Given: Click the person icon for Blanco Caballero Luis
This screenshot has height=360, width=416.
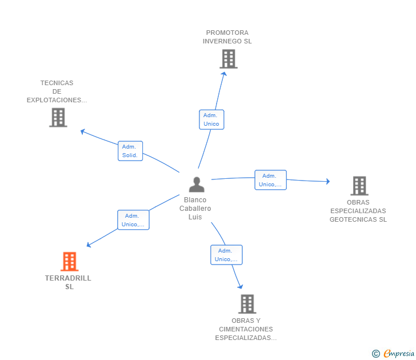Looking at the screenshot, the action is coord(197,185).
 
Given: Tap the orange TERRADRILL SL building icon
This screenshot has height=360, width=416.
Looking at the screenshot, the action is coord(70,261).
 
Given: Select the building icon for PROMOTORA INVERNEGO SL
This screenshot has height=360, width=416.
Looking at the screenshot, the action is coord(229,59).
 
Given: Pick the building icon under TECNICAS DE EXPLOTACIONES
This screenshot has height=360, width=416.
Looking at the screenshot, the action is coord(58,118).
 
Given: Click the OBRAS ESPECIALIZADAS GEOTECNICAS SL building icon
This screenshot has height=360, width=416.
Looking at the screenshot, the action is coord(359,186).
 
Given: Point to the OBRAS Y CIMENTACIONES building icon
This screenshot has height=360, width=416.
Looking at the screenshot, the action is coord(247,304).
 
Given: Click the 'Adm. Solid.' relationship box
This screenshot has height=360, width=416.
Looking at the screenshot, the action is coord(130,151).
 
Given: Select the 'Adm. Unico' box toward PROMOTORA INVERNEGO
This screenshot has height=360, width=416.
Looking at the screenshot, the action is coord(211,119).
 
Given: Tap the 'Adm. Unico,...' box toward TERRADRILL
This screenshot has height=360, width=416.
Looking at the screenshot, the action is coord(133,220).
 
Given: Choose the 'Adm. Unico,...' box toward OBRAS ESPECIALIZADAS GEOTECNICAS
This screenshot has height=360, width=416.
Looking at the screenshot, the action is coord(270,180).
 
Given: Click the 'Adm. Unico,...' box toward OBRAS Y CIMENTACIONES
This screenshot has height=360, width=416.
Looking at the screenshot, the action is coord(226,255).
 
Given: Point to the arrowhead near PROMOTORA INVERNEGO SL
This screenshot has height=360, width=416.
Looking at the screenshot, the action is coord(225,74).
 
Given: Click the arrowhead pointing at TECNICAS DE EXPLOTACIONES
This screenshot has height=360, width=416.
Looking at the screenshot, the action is coord(83,131).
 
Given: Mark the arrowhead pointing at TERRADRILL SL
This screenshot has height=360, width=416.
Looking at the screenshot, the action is coord(89,245).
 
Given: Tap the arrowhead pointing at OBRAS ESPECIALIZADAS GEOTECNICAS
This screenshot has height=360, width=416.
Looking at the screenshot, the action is coord(328,182).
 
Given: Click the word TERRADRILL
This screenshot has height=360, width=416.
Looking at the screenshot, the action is coord(68,278).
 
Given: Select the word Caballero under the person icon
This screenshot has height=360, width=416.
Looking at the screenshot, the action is coord(195,209).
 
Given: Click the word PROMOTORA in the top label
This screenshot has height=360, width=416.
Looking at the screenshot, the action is coord(227,33).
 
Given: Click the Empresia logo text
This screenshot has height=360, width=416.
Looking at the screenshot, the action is coord(398,354).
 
